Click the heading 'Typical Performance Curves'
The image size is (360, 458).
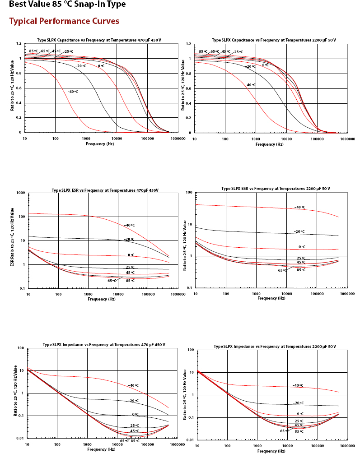click(x=64, y=21)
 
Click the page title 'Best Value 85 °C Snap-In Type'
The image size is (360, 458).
click(x=67, y=4)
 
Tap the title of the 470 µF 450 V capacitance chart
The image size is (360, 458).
click(x=99, y=40)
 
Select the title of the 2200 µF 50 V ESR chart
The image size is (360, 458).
click(x=276, y=189)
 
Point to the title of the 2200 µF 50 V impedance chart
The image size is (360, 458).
click(x=275, y=347)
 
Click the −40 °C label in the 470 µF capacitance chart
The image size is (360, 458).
click(x=73, y=92)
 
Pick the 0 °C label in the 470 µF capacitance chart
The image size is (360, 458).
click(x=101, y=66)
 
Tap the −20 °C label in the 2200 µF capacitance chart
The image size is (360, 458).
click(x=250, y=67)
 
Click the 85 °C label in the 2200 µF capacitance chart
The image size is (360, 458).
click(x=203, y=52)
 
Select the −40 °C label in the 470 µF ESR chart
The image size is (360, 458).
click(x=129, y=225)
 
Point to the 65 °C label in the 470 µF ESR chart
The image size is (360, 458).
click(x=112, y=281)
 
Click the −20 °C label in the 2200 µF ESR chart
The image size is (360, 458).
click(x=299, y=231)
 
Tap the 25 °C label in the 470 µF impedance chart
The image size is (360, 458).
click(x=135, y=426)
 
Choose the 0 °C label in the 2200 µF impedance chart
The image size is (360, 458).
click(x=300, y=414)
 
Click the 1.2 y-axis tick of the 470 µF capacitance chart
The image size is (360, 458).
click(x=19, y=43)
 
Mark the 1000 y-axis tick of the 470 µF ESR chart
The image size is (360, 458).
click(x=21, y=193)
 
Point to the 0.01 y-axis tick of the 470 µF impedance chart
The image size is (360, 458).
click(x=20, y=438)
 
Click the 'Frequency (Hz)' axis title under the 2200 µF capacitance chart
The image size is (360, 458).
click(x=269, y=144)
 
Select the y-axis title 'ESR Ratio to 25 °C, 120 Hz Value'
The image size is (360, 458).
click(x=12, y=237)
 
